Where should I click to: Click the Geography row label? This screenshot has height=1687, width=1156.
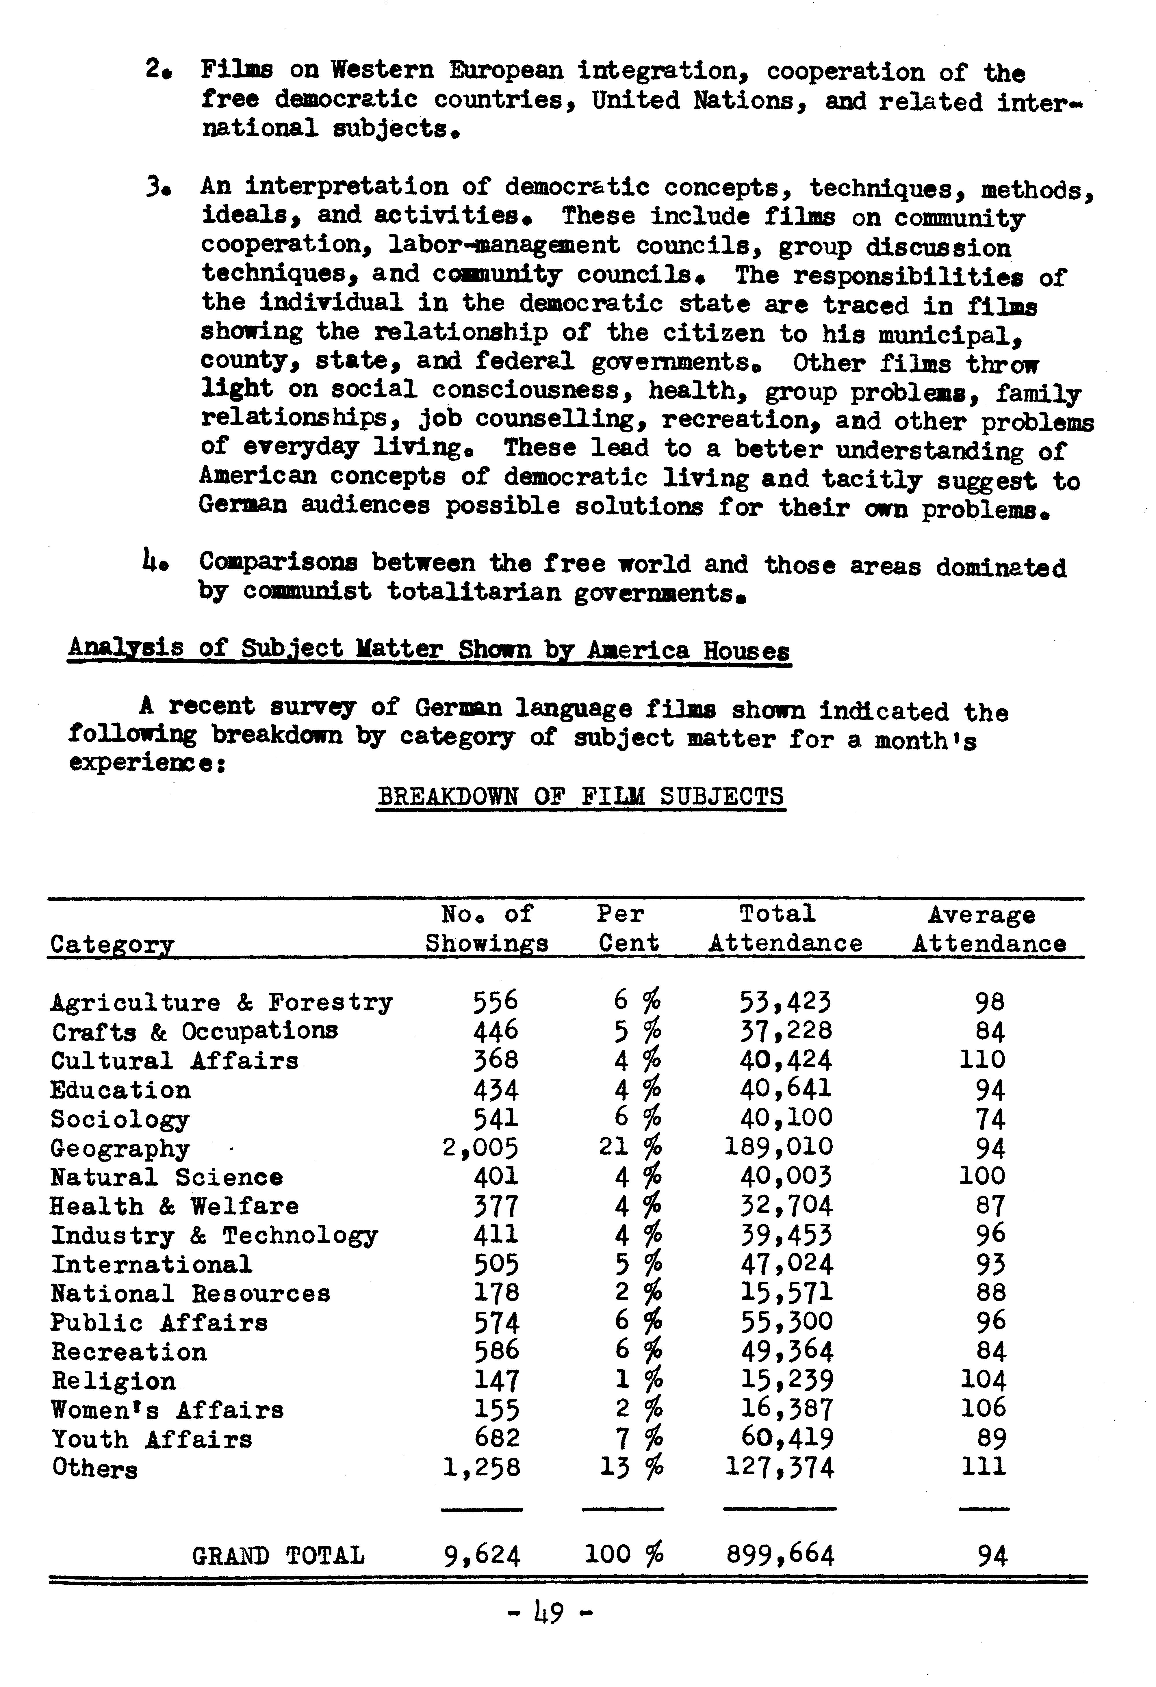120,1148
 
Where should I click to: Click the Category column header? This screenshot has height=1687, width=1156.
113,944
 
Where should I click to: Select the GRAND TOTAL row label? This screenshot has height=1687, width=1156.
278,1556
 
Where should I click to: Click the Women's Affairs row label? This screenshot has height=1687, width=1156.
167,1410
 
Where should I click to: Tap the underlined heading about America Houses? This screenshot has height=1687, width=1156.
428,648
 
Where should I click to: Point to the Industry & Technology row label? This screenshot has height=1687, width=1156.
214,1235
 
